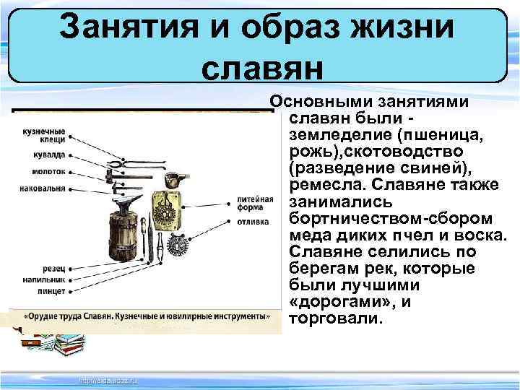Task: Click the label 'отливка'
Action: (x=253, y=222)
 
